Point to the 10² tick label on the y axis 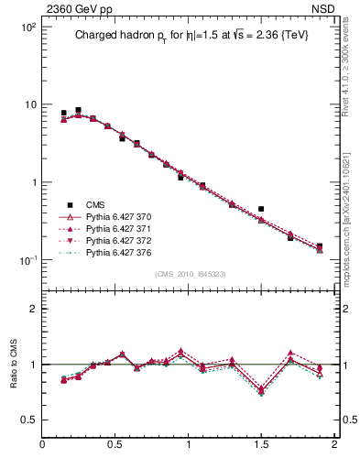click(x=27, y=27)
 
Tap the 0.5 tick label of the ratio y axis click(x=28, y=420)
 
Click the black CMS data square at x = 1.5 click(x=261, y=209)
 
